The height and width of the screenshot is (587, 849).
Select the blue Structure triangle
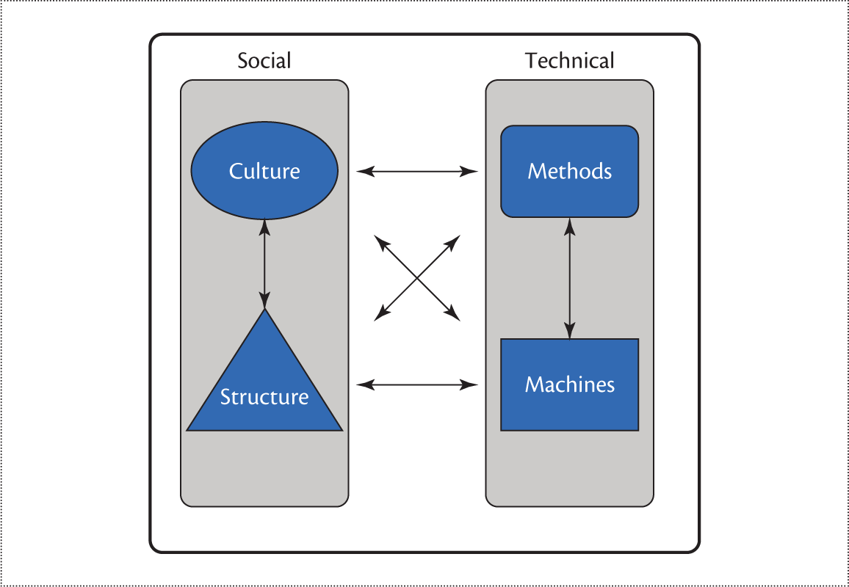[x=264, y=374]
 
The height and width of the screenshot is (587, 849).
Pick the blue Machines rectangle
[x=569, y=411]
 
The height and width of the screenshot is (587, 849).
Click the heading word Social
[x=264, y=60]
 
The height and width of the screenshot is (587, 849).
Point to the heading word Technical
[x=569, y=60]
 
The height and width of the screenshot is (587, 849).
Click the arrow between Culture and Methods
[x=417, y=172]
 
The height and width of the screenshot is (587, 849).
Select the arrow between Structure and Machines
[x=417, y=384]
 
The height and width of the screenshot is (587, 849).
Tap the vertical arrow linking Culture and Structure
[x=264, y=264]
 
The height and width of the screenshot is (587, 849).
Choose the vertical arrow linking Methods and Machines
[x=569, y=279]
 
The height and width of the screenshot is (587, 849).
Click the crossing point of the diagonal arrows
[x=417, y=278]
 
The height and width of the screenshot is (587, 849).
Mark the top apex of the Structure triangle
[x=264, y=311]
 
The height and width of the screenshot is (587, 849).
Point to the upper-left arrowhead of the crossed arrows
[x=379, y=240]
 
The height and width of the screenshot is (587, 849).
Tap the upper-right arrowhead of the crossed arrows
[x=455, y=240]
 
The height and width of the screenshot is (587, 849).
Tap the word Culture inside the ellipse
[x=264, y=171]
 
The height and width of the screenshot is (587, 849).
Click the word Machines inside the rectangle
[x=569, y=384]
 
